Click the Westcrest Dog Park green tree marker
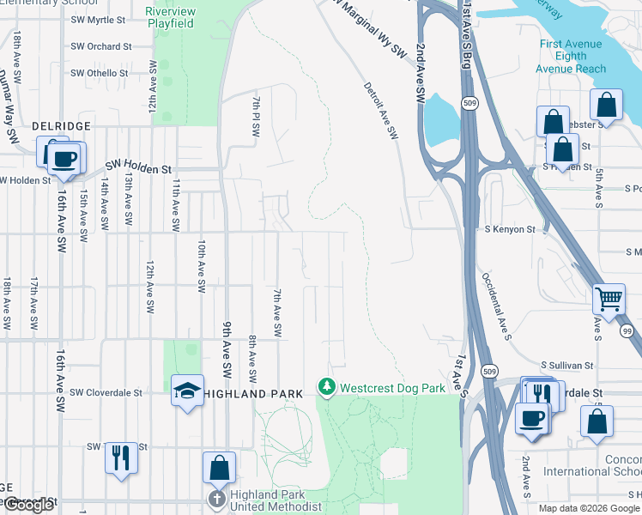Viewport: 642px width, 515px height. (x=326, y=388)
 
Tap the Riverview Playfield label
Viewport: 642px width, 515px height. (x=170, y=17)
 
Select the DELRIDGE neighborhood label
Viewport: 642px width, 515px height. (x=61, y=126)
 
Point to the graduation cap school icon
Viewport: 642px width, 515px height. (x=188, y=391)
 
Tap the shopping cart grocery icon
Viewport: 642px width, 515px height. (x=609, y=300)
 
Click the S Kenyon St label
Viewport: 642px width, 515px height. (x=510, y=230)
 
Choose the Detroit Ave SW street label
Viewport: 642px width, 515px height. (x=380, y=111)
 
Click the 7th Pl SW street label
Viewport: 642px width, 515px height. (x=256, y=118)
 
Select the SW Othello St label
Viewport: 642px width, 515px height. (x=100, y=74)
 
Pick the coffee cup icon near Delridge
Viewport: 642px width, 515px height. (x=64, y=160)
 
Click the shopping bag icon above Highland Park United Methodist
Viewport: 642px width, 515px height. (x=219, y=468)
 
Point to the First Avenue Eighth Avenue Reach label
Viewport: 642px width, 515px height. (x=571, y=57)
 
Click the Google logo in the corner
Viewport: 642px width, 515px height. (x=28, y=505)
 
